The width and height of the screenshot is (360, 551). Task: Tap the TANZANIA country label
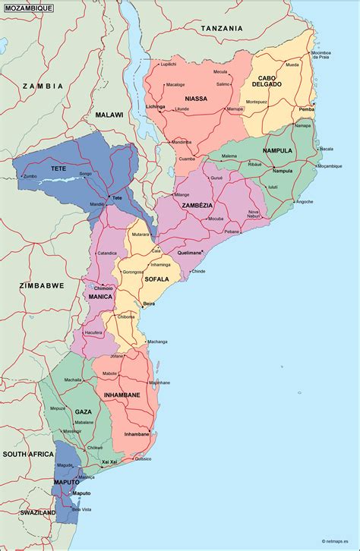(x=222, y=28)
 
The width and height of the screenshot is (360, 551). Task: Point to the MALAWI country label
(x=109, y=114)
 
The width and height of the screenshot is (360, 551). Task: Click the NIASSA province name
(x=196, y=99)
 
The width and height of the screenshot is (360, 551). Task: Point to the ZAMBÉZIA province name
(x=197, y=205)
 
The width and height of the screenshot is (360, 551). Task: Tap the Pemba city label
(x=306, y=109)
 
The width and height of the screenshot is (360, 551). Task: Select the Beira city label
(x=149, y=303)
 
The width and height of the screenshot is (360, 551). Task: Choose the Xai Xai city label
(x=109, y=461)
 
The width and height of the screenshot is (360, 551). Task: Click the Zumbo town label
(x=30, y=176)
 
